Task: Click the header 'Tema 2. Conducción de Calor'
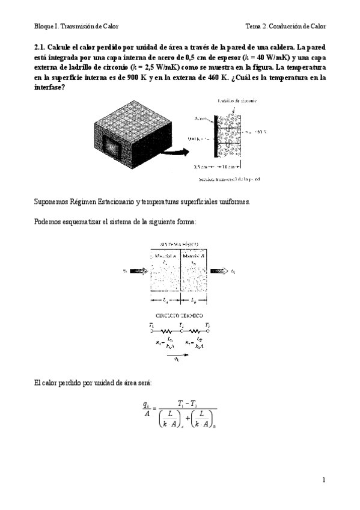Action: pos(285,27)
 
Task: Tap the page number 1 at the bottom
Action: pos(323,479)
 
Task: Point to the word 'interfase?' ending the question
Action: pos(49,88)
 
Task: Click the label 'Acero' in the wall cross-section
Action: pos(201,118)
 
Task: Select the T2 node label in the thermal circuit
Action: pos(180,325)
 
